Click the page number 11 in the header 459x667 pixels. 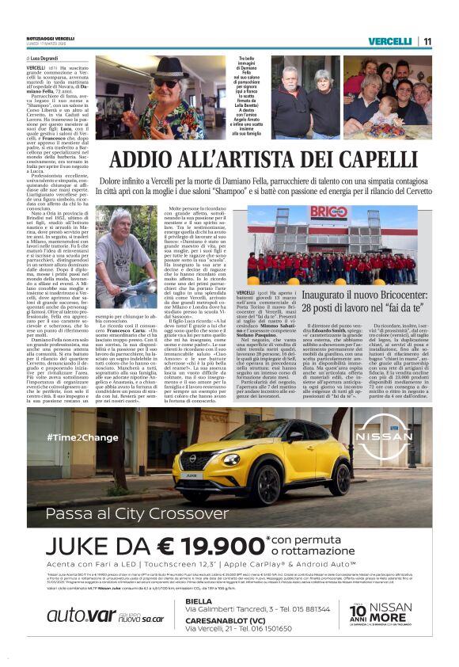[x=427, y=41]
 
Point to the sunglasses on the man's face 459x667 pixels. [x=166, y=82]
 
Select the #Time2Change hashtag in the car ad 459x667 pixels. [x=82, y=437]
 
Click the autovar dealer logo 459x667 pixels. [x=71, y=615]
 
